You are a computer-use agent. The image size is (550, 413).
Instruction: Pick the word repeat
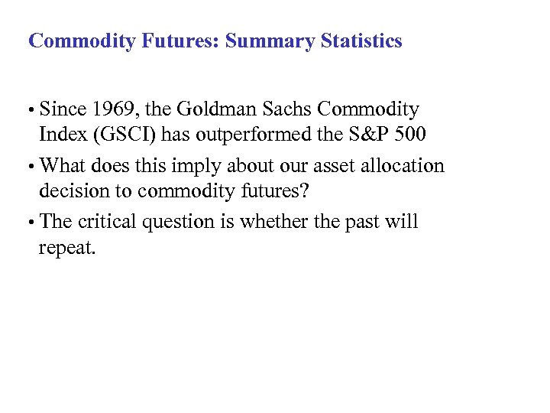click(x=68, y=250)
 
